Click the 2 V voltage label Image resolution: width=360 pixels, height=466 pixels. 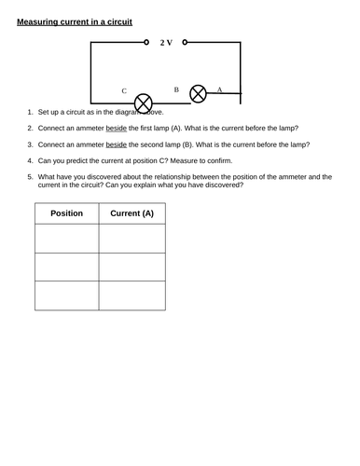click(167, 43)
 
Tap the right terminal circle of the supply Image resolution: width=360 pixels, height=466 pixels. click(186, 42)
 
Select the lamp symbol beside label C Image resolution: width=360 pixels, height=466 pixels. click(144, 101)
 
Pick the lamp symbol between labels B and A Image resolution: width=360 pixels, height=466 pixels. click(198, 93)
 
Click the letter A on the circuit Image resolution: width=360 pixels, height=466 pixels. click(219, 89)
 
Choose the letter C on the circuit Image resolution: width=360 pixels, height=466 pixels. click(124, 91)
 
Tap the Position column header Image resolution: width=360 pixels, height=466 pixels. click(65, 213)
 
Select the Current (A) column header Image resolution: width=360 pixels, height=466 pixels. click(132, 213)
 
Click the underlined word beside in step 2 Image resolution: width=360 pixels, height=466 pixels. click(115, 128)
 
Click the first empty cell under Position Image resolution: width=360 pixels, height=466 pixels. click(65, 239)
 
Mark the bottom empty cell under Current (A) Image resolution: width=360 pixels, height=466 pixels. click(132, 295)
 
